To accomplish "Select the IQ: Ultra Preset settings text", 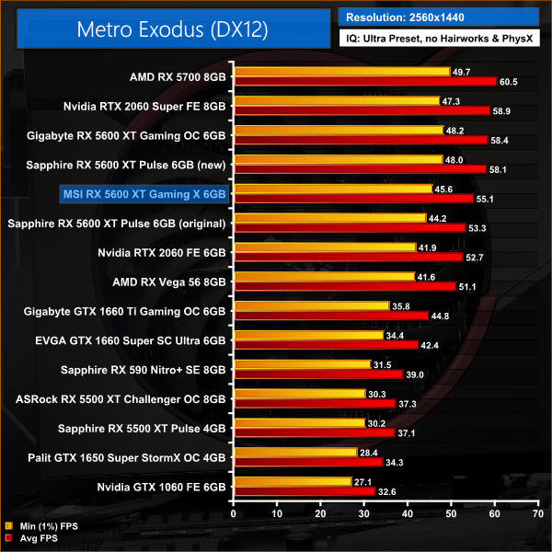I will pyautogui.click(x=443, y=40).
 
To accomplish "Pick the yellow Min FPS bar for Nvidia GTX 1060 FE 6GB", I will pyautogui.click(x=293, y=481).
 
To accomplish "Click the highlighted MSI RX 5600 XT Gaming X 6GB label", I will pyautogui.click(x=143, y=194).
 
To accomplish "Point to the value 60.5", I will pyautogui.click(x=509, y=82).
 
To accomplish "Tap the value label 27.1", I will pyautogui.click(x=366, y=481).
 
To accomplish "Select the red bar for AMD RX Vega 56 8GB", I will pyautogui.click(x=345, y=286).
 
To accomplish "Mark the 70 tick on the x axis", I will pyautogui.click(x=537, y=512).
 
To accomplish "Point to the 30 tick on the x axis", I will pyautogui.click(x=364, y=512).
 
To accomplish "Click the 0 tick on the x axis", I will pyautogui.click(x=235, y=512).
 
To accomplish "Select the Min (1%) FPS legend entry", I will pyautogui.click(x=41, y=526).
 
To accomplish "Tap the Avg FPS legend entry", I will pyautogui.click(x=37, y=538).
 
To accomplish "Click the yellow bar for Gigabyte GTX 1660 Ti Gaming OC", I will pyautogui.click(x=312, y=305).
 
